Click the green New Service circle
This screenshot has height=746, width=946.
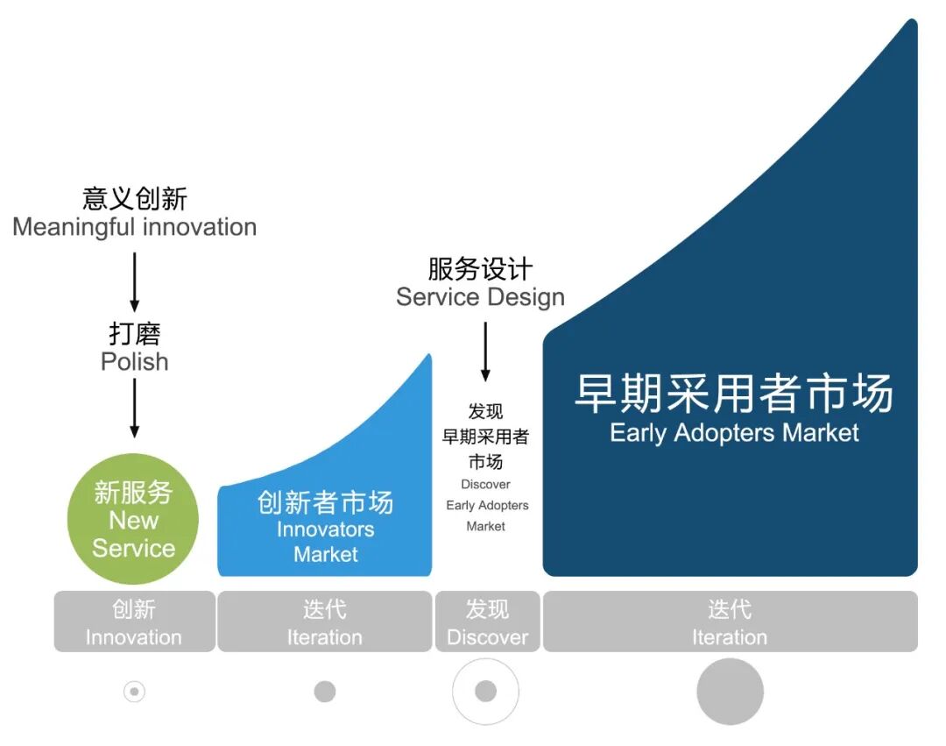pyautogui.click(x=133, y=520)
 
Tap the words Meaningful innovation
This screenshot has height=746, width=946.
pyautogui.click(x=134, y=227)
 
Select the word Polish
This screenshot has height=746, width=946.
pyautogui.click(x=134, y=361)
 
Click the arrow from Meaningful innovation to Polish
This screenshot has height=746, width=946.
pyautogui.click(x=134, y=281)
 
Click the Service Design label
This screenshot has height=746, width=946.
pyautogui.click(x=480, y=296)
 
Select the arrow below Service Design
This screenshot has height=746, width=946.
pyautogui.click(x=485, y=352)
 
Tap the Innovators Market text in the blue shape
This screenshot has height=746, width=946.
pyautogui.click(x=326, y=542)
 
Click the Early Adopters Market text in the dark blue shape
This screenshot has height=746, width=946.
pyautogui.click(x=734, y=432)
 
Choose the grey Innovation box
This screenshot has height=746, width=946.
pyautogui.click(x=134, y=622)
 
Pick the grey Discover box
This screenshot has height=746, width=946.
pyautogui.click(x=487, y=622)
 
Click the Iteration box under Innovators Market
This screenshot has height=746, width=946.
pyautogui.click(x=324, y=622)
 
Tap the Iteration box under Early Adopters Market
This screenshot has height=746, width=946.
pyautogui.click(x=730, y=622)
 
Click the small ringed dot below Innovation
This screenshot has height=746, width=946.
pyautogui.click(x=134, y=692)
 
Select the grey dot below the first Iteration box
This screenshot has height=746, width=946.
pyautogui.click(x=325, y=692)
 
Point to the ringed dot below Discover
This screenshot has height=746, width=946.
pyautogui.click(x=486, y=692)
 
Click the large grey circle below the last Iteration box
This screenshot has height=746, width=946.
pyautogui.click(x=730, y=692)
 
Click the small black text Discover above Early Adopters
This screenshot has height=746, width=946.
pyautogui.click(x=485, y=484)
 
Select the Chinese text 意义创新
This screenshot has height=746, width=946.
pyautogui.click(x=134, y=198)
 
